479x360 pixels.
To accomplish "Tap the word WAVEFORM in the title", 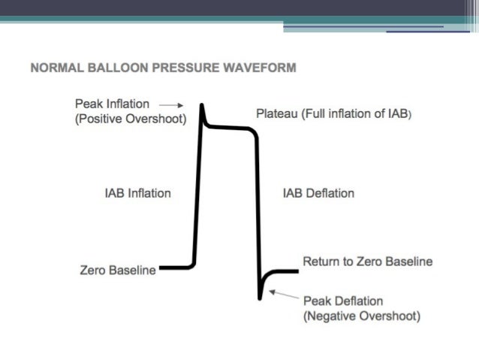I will (x=260, y=68).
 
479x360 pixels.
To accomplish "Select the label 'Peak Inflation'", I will (x=112, y=104).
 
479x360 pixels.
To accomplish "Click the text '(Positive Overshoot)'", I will (x=131, y=119).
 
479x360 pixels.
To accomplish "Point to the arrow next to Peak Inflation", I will (x=172, y=105).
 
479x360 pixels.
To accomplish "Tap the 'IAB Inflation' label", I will (x=137, y=193).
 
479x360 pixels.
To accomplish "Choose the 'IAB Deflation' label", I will (x=318, y=193).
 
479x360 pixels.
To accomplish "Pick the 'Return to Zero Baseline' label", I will (x=367, y=262).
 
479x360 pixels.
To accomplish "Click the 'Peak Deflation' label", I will (x=343, y=301).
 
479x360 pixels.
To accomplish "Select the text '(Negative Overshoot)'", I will (x=362, y=316).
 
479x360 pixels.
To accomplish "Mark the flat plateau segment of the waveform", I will (x=229, y=128).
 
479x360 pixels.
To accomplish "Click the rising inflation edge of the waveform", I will (x=197, y=195).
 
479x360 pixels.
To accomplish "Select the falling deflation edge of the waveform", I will (x=258, y=210).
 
